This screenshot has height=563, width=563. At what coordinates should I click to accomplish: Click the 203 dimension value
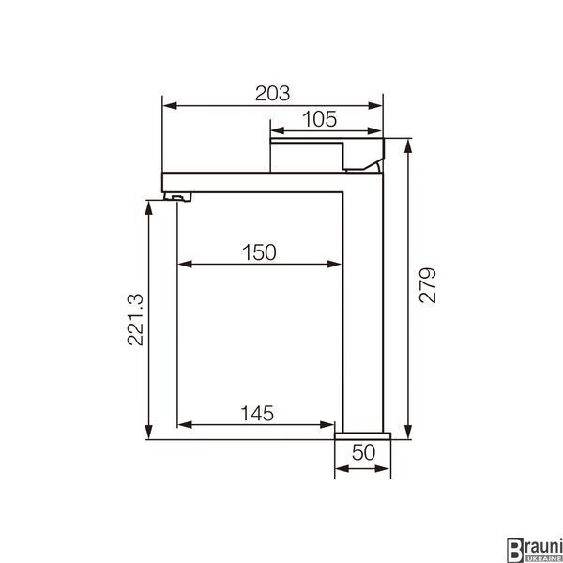click(272, 93)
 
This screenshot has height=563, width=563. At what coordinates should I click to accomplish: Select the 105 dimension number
click(319, 119)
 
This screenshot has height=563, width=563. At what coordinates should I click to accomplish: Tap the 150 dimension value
click(259, 252)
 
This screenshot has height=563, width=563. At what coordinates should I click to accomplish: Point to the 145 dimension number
click(257, 413)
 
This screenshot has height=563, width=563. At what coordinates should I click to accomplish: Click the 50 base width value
click(363, 452)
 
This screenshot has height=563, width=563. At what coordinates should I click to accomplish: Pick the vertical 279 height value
click(427, 285)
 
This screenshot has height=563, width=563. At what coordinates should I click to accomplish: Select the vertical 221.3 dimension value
click(135, 320)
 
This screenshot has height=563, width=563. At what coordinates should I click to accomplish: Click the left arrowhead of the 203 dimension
click(170, 105)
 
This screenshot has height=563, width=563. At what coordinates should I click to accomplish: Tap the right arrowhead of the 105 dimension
click(374, 130)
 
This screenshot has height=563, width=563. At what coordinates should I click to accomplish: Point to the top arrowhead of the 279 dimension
click(408, 146)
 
